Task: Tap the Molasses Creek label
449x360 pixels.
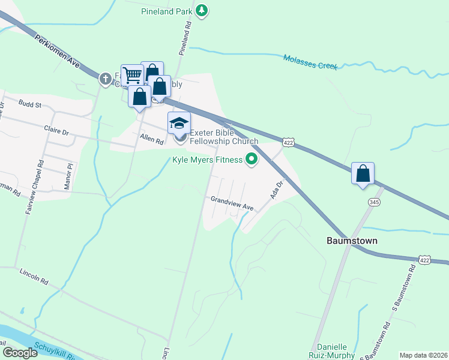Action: tap(310, 61)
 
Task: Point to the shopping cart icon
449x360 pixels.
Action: tap(131, 75)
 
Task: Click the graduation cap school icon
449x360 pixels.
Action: tap(179, 123)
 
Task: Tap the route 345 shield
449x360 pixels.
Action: tap(375, 203)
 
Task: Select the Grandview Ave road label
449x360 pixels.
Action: tap(232, 203)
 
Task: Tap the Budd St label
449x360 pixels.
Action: tap(29, 104)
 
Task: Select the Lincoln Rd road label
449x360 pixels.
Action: tap(33, 275)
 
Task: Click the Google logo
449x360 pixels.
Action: tap(20, 353)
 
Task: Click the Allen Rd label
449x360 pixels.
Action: tap(152, 140)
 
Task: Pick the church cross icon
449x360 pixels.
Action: tap(106, 79)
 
